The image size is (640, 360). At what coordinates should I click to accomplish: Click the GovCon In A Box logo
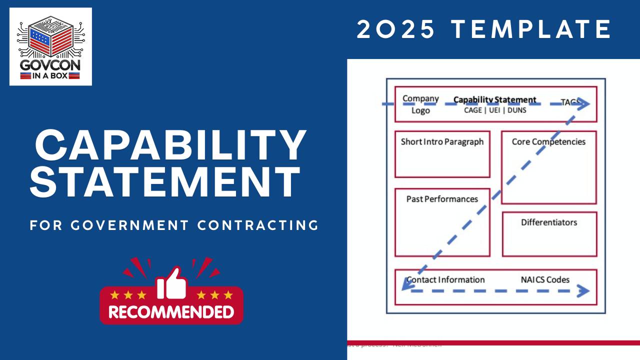click(x=50, y=46)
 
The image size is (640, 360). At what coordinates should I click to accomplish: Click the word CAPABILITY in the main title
click(x=170, y=145)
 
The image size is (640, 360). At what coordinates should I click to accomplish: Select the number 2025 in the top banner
click(x=396, y=29)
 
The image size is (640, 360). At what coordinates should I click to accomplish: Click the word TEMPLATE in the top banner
click(x=532, y=29)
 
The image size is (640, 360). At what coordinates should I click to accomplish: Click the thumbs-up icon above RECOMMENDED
click(x=171, y=283)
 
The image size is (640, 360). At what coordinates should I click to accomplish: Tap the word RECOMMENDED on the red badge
click(x=171, y=312)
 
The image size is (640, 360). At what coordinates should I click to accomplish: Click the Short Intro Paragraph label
click(x=442, y=141)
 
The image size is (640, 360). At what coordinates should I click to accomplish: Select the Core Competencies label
click(x=548, y=141)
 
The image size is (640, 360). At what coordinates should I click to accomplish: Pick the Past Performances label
click(x=442, y=199)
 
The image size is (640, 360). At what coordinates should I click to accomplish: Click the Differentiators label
click(x=549, y=222)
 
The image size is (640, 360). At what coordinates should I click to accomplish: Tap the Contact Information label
click(x=445, y=279)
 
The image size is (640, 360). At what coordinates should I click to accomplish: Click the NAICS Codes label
click(x=545, y=279)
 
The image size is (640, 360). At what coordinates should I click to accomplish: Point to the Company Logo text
click(x=420, y=104)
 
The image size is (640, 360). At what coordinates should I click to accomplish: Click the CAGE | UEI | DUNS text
click(x=495, y=110)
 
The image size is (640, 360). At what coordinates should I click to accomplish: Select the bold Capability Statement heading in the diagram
click(x=494, y=99)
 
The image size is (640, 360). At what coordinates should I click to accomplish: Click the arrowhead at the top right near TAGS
click(x=584, y=104)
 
